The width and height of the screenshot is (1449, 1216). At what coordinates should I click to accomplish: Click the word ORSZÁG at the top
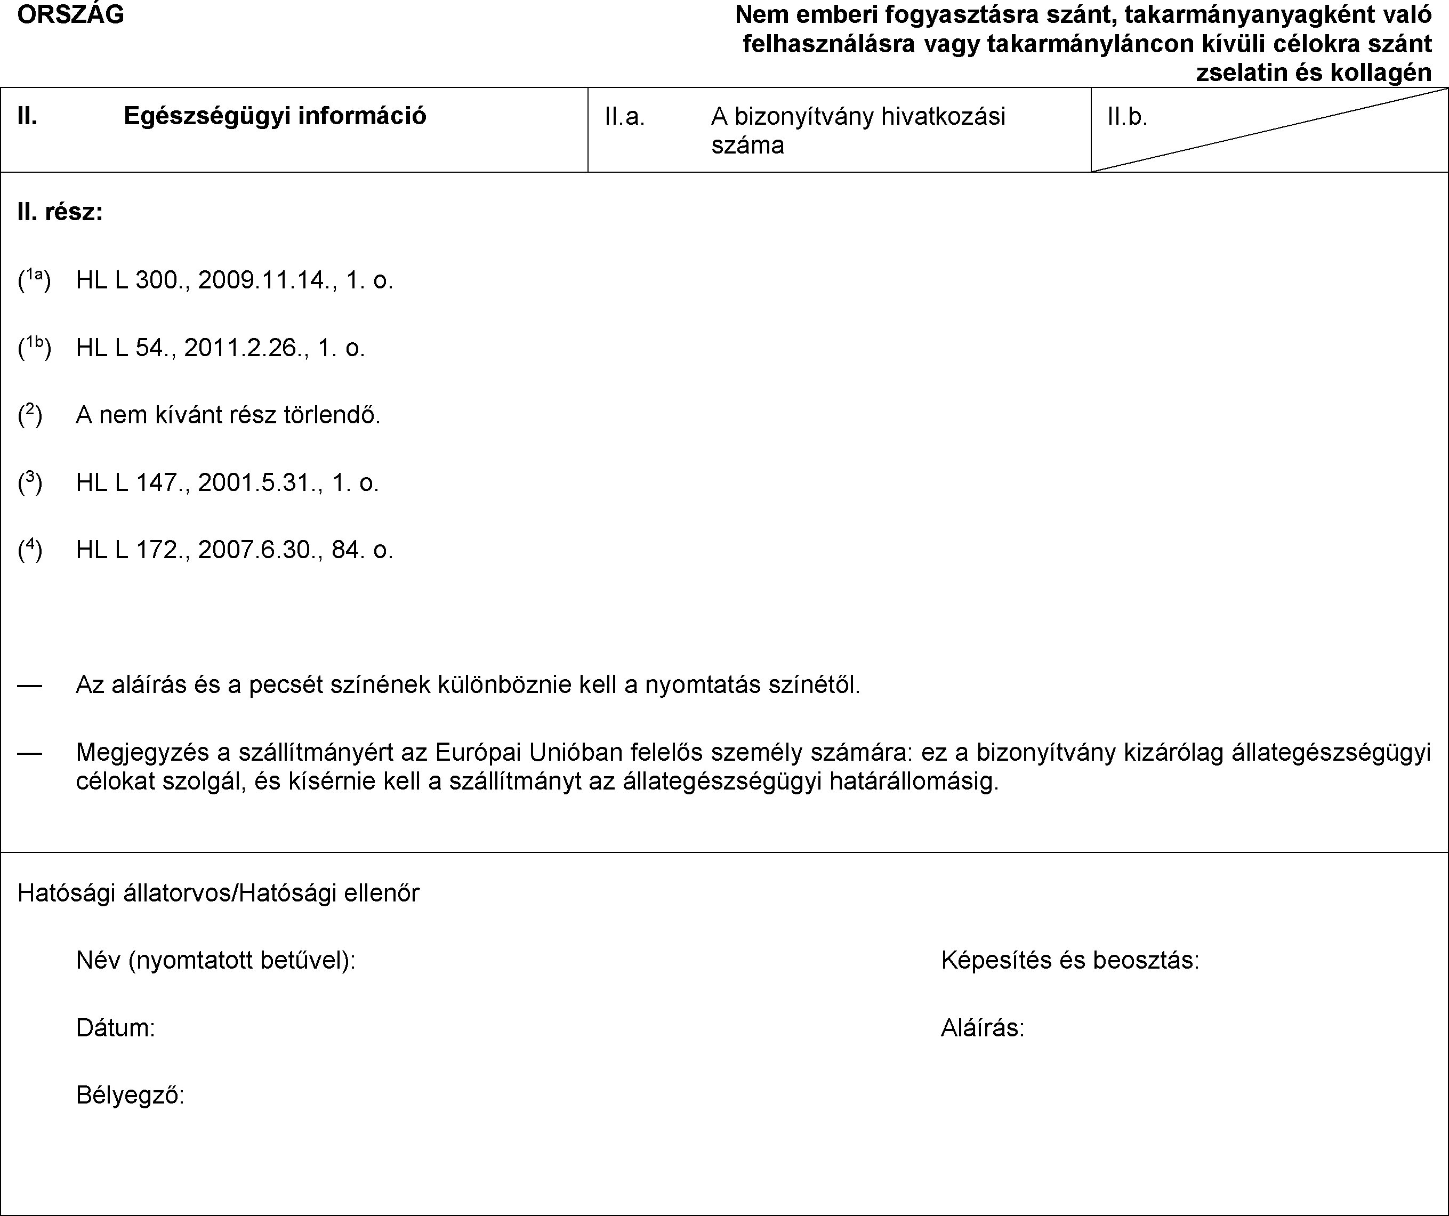coord(70,14)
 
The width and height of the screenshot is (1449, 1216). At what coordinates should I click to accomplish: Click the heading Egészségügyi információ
coord(275,116)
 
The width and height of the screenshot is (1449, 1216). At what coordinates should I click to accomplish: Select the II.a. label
coord(624,118)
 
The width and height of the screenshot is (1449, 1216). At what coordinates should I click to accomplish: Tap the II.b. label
coord(1127,118)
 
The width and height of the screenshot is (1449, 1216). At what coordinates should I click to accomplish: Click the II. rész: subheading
coord(60,212)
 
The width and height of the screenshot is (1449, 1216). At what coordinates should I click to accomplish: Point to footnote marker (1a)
coord(34,279)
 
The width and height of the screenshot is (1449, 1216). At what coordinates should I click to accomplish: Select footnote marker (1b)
coord(34,347)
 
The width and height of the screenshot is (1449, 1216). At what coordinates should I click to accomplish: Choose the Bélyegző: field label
coord(130,1095)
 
